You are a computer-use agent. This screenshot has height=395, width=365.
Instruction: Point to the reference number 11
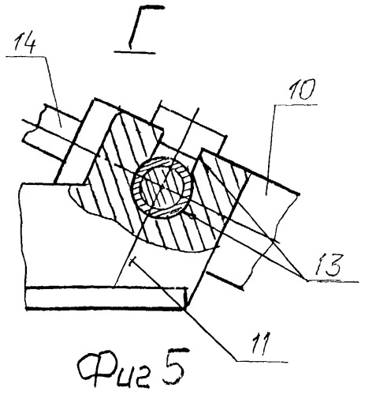pyautogui.click(x=259, y=343)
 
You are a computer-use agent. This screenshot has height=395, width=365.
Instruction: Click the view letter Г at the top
pyautogui.click(x=144, y=25)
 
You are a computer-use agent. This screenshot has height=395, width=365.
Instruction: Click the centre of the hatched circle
pyautogui.click(x=163, y=187)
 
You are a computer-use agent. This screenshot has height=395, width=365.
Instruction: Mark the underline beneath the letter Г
pyautogui.click(x=135, y=52)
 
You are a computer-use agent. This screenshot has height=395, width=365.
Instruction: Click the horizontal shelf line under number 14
pyautogui.click(x=25, y=56)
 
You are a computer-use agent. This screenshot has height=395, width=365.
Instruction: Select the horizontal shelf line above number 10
pyautogui.click(x=296, y=104)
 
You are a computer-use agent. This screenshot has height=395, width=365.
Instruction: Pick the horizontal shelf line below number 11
pyautogui.click(x=262, y=361)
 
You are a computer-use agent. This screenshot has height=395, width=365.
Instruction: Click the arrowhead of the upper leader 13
pyautogui.click(x=207, y=167)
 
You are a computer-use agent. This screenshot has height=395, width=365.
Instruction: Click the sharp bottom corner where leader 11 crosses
pyautogui.click(x=186, y=308)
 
